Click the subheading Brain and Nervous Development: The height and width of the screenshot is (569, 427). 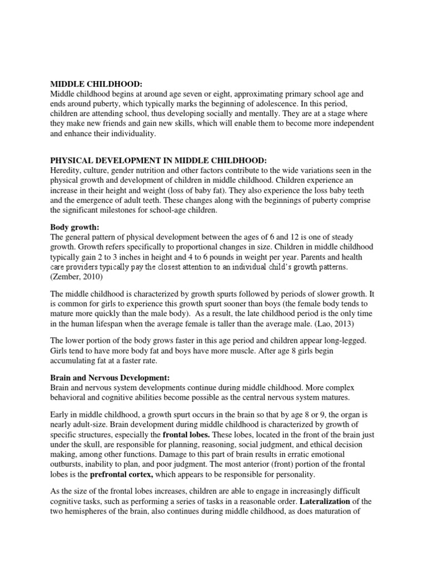click(x=110, y=377)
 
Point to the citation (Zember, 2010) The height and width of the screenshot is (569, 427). click(x=75, y=277)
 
